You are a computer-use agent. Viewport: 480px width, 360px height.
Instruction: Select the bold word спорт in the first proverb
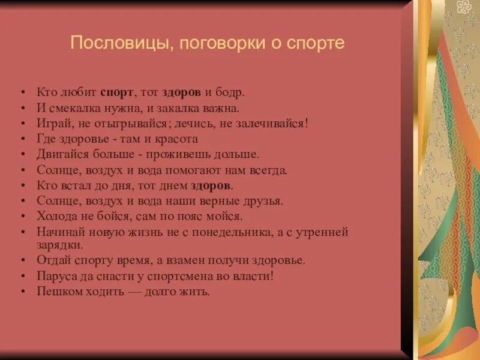click(x=117, y=93)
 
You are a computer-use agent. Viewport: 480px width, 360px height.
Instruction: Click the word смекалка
click(x=71, y=109)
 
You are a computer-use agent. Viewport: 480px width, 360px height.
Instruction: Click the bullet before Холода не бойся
click(x=23, y=216)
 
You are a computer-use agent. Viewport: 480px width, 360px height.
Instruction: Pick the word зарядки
click(x=59, y=245)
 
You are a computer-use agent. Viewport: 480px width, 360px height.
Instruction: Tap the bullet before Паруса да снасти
click(x=23, y=277)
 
